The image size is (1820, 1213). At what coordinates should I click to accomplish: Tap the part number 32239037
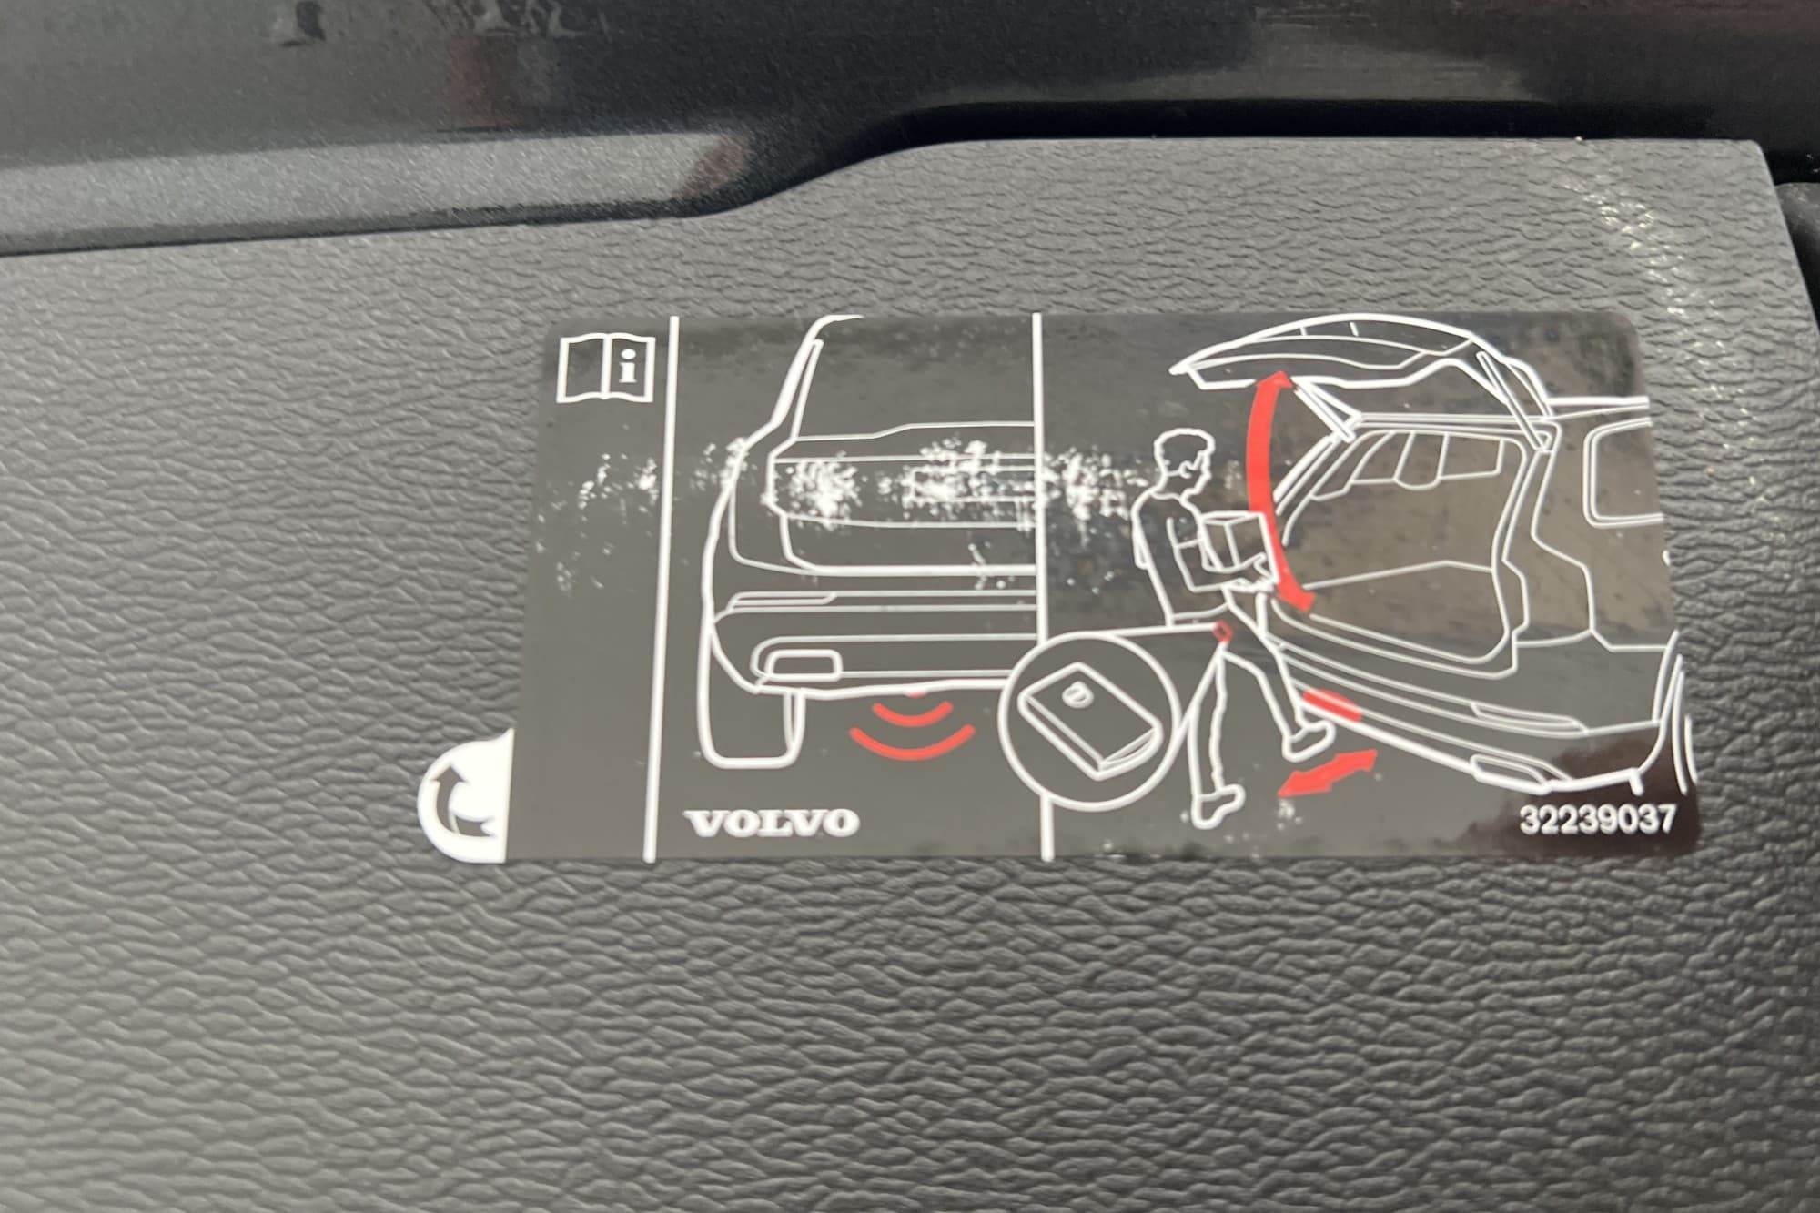[1596, 820]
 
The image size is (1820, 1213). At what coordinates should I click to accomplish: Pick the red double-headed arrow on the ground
[1326, 773]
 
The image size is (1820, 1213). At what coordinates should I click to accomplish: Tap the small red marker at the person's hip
[1222, 631]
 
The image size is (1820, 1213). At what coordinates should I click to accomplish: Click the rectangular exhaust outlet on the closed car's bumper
[804, 664]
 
